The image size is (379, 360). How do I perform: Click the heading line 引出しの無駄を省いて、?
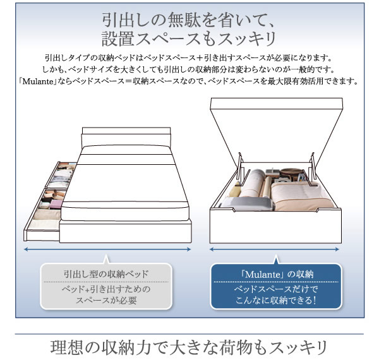[188, 20]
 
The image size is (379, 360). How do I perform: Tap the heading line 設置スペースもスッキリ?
[189, 39]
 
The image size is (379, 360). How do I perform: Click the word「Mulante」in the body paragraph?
[37, 81]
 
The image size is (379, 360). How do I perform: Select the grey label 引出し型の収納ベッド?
[106, 274]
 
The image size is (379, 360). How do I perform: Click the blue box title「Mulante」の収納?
[277, 275]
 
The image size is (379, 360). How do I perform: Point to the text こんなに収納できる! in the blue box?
[276, 301]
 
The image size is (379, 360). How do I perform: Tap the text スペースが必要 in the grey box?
[106, 301]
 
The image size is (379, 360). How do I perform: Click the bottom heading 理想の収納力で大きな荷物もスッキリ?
[189, 347]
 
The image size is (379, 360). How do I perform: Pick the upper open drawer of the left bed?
[61, 175]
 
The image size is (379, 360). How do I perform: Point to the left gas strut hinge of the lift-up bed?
[240, 169]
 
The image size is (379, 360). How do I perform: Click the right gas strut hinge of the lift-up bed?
[313, 169]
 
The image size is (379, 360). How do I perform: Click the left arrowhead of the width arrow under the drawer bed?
[25, 249]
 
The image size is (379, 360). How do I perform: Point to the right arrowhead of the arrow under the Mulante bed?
[337, 249]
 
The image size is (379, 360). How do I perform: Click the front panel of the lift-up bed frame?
[275, 226]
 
